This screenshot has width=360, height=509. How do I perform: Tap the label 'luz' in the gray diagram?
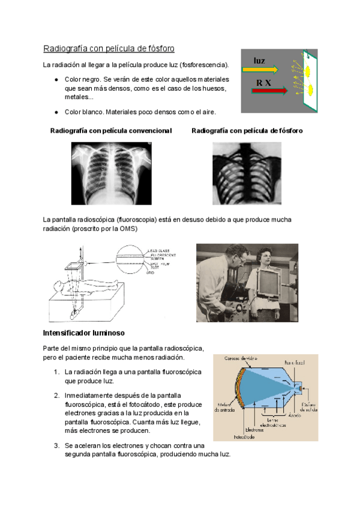(x=259, y=61)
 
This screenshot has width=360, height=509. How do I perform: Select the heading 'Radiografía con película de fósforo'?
(x=109, y=48)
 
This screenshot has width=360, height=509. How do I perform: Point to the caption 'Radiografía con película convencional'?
(x=111, y=130)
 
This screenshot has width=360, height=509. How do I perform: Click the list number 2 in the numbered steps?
(x=56, y=396)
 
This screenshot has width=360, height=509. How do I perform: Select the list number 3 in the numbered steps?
(x=56, y=446)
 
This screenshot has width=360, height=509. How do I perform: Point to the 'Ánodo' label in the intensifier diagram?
(x=295, y=415)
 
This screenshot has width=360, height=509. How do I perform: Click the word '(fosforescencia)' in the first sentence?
(x=205, y=64)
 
